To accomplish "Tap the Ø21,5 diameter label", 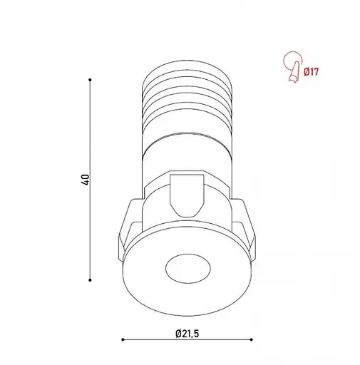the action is [187, 334].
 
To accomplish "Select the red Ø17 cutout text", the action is [311, 71].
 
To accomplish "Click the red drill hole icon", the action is [293, 67].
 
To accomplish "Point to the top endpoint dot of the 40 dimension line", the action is [90, 80].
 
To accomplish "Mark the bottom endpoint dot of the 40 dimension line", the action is [90, 280].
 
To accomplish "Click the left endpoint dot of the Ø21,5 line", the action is [123, 340].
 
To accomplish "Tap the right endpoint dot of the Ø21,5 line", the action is [252, 340].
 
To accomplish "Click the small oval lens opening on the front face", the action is [188, 268].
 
